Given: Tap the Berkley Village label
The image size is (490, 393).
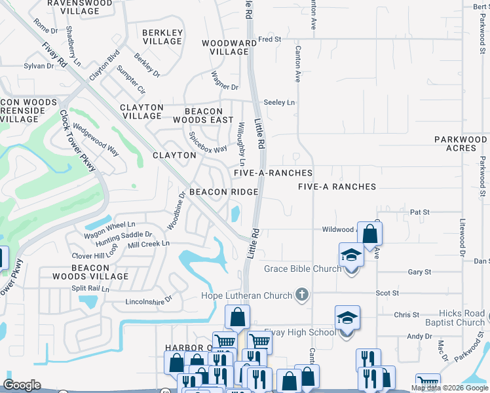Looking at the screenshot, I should [x=162, y=37].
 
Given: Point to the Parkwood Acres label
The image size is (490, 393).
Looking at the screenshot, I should [x=461, y=143].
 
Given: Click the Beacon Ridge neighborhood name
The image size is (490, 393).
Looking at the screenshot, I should [x=223, y=192].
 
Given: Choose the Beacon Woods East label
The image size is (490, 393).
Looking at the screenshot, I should [x=203, y=116].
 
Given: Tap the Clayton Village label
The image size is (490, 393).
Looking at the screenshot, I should [x=141, y=111].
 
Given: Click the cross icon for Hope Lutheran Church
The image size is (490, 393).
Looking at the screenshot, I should [x=301, y=294].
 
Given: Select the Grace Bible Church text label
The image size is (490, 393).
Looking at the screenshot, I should [x=303, y=269].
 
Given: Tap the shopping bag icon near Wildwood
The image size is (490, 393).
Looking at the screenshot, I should [x=369, y=234].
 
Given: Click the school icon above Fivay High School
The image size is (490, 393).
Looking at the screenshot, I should [x=347, y=318].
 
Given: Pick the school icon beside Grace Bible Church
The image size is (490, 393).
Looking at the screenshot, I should [x=351, y=255].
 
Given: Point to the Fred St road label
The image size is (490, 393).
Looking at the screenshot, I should [x=269, y=39].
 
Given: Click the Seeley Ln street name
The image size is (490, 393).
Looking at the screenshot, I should [x=279, y=103].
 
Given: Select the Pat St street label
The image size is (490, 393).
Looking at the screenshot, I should [x=419, y=212].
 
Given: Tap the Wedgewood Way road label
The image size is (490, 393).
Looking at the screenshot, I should [x=96, y=140].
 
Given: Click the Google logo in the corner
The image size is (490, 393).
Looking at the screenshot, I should [x=22, y=385].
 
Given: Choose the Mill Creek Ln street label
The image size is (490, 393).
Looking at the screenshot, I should [x=149, y=244].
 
